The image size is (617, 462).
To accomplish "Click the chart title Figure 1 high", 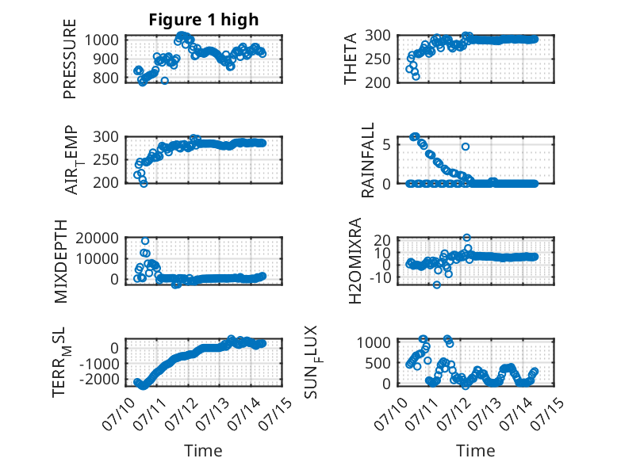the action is click(204, 20).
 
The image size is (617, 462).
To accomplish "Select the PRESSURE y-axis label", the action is click(69, 59).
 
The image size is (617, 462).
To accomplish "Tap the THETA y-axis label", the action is click(350, 59).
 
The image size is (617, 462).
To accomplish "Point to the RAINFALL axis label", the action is click(367, 160).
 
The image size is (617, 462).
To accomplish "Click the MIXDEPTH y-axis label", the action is click(61, 261).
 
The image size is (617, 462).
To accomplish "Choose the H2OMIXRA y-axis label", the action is click(355, 260).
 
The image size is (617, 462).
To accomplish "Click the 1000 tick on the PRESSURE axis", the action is click(102, 40).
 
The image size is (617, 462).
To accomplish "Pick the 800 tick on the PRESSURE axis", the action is click(105, 78).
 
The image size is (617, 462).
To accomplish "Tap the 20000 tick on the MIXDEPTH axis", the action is click(98, 238).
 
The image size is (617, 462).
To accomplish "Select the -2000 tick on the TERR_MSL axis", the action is click(100, 380).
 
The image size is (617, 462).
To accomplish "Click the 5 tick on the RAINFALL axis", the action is click(387, 145).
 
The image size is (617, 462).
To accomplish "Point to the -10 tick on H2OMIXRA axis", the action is click(381, 277).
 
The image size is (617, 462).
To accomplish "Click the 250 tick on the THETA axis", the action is click(377, 59).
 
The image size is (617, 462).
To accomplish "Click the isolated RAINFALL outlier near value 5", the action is click(466, 147).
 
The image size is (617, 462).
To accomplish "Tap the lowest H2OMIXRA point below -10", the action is click(437, 284).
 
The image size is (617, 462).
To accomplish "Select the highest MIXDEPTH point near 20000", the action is click(145, 241).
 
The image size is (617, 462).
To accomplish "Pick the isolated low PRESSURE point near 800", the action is click(165, 81).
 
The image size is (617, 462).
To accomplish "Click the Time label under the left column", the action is click(203, 451).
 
